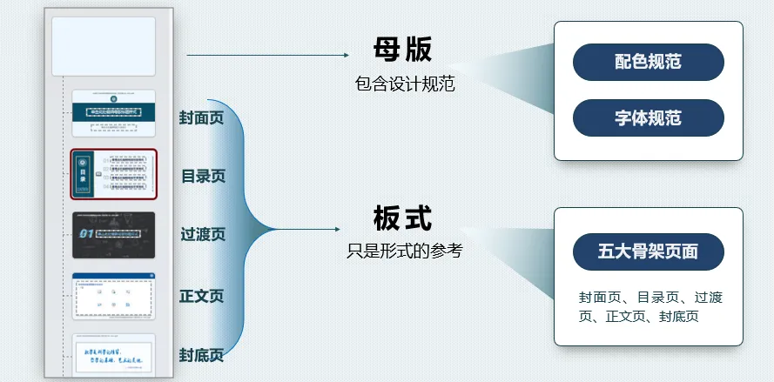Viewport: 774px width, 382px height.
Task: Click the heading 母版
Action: pos(402,50)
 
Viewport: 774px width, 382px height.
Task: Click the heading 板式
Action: pos(402,218)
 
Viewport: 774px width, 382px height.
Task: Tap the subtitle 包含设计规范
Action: pos(405,84)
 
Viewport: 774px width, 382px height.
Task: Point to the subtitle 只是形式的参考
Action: pos(404,251)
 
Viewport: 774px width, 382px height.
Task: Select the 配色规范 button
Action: pos(648,62)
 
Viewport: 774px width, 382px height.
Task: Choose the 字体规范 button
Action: pos(648,117)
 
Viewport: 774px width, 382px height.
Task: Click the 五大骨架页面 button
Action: pos(648,251)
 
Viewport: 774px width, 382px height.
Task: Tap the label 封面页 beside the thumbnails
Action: pos(201,117)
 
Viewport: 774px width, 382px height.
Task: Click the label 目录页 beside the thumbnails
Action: pos(203,176)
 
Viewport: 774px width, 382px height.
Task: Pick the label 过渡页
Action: pos(203,234)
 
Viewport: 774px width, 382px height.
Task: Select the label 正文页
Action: pos(201,296)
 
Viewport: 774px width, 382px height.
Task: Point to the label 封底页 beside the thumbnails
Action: pos(201,355)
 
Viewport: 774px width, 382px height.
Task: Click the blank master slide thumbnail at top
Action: pos(103,46)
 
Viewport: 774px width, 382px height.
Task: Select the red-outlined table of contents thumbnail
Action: pos(113,174)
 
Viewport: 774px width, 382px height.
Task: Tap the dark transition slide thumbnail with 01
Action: pos(113,234)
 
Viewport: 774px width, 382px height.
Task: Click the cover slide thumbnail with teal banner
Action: pos(113,113)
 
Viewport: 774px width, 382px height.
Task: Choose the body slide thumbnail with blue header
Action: pos(113,296)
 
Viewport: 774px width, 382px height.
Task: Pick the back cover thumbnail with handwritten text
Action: pos(113,355)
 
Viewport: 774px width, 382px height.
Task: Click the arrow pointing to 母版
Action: pos(266,55)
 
